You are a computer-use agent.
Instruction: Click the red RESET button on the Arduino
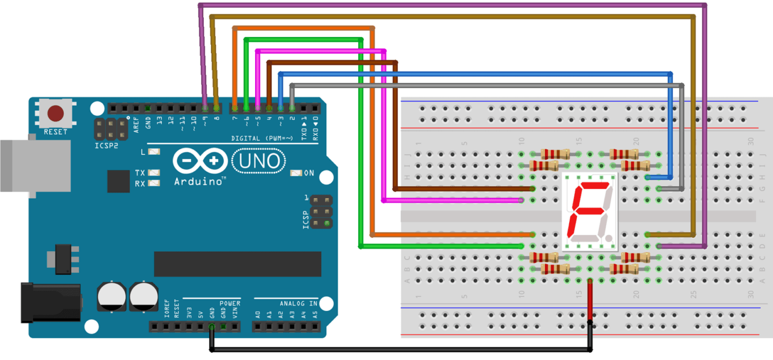pyautogui.click(x=55, y=114)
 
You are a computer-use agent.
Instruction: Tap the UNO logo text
pyautogui.click(x=259, y=161)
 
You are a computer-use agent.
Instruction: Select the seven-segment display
pyautogui.click(x=589, y=213)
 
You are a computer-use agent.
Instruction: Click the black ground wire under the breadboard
pyautogui.click(x=398, y=350)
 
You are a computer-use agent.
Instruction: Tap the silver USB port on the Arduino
pyautogui.click(x=33, y=166)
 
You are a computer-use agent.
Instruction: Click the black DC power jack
pyautogui.click(x=50, y=303)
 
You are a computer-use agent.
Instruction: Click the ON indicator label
pyautogui.click(x=309, y=173)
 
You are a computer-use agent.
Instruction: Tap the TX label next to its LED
pyautogui.click(x=140, y=173)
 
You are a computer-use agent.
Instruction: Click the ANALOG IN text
pyautogui.click(x=298, y=303)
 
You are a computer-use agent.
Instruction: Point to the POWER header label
pyautogui.click(x=230, y=303)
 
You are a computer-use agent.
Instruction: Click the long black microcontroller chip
pyautogui.click(x=237, y=263)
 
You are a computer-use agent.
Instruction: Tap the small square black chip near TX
pyautogui.click(x=119, y=181)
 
